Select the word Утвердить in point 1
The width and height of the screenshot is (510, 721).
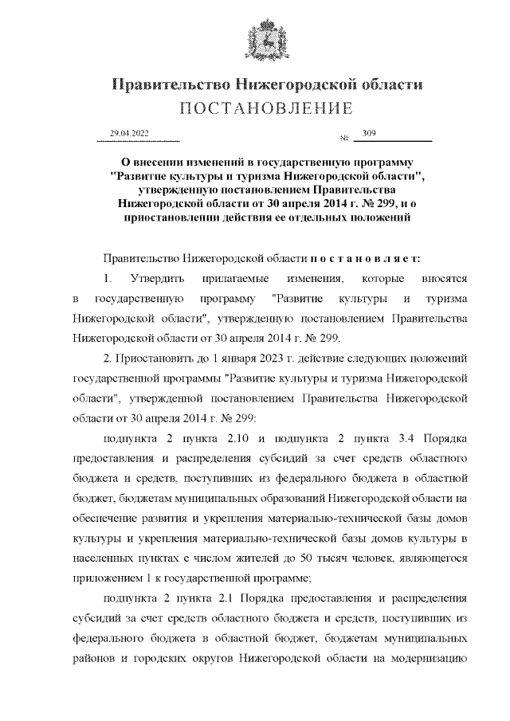pyautogui.click(x=156, y=279)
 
